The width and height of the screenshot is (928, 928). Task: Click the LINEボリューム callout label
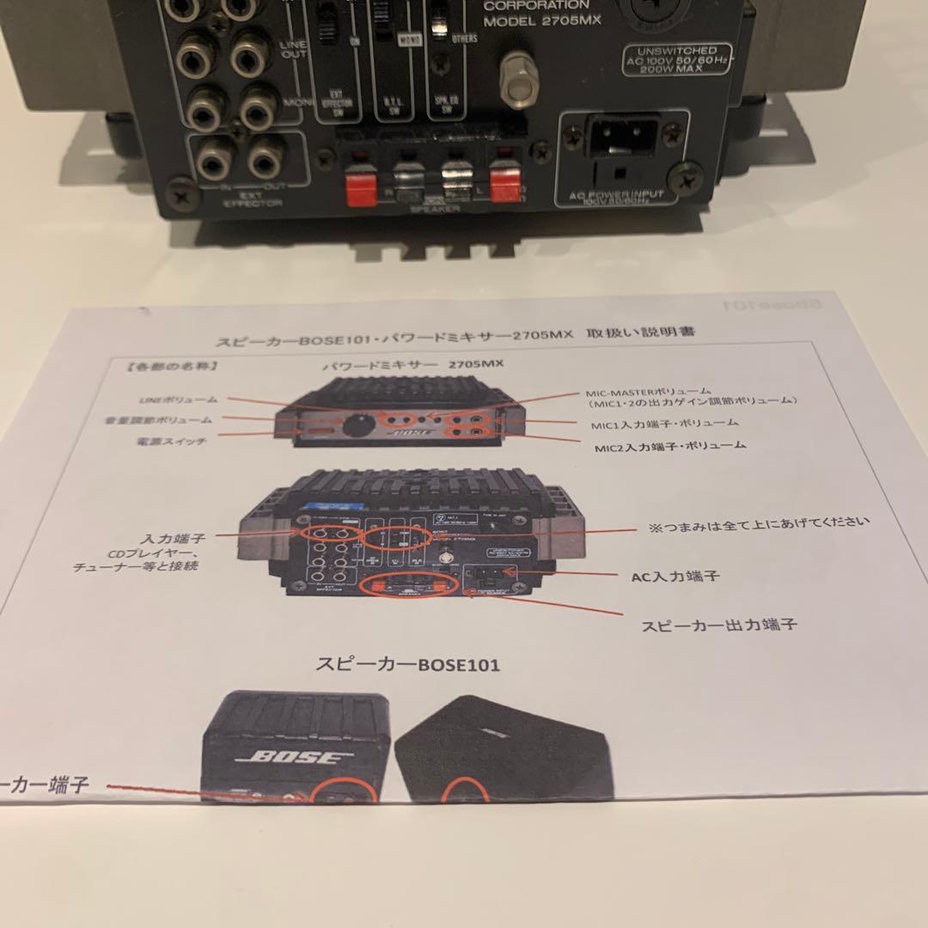point(178,400)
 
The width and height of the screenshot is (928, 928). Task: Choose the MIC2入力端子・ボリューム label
point(670,446)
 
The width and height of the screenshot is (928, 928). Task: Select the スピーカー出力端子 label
point(718,625)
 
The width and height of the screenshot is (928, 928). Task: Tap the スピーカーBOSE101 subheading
point(407,664)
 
